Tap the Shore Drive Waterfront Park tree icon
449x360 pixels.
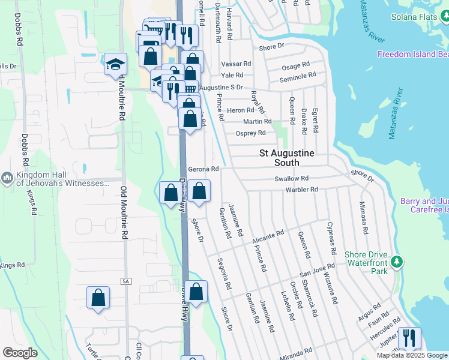tap(396, 262)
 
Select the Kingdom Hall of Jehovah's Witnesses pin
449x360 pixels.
tap(7, 178)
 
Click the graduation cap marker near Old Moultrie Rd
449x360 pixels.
tap(115, 65)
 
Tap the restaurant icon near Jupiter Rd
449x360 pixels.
tap(408, 337)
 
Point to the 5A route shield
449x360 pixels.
tap(125, 281)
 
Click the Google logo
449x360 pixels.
tap(20, 353)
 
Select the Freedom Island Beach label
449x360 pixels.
tap(413, 55)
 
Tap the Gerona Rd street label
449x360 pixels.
tap(203, 169)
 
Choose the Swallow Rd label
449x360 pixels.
tap(291, 179)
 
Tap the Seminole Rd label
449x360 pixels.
tap(297, 76)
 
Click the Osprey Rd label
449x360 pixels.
tap(251, 133)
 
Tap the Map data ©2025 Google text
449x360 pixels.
tap(411, 355)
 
